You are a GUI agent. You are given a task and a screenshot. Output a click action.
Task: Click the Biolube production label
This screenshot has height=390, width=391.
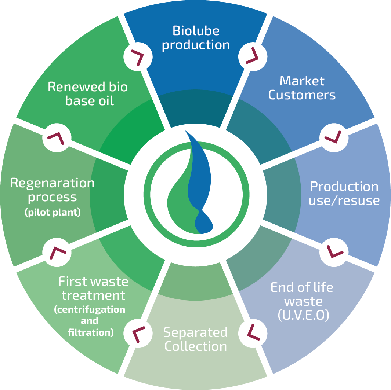pyautogui.click(x=196, y=38)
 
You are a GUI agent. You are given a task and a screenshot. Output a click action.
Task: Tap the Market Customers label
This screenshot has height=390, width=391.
pyautogui.click(x=302, y=88)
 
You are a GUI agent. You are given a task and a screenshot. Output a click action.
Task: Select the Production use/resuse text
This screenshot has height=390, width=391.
pyautogui.click(x=344, y=194)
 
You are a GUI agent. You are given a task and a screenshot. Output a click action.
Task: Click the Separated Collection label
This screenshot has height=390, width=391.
pyautogui.click(x=195, y=339)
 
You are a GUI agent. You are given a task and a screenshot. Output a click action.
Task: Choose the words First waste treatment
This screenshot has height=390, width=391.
pyautogui.click(x=93, y=288)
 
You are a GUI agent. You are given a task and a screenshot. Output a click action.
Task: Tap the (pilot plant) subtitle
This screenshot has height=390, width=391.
pyautogui.click(x=53, y=213)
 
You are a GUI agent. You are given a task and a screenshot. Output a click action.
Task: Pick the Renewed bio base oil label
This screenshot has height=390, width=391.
pyautogui.click(x=88, y=94)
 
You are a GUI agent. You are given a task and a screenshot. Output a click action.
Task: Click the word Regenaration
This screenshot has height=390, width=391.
pyautogui.click(x=52, y=183)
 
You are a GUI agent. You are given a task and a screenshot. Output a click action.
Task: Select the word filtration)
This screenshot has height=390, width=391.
pyautogui.click(x=91, y=333)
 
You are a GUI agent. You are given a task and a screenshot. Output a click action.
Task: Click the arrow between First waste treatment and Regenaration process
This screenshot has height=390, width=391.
pyautogui.click(x=57, y=252)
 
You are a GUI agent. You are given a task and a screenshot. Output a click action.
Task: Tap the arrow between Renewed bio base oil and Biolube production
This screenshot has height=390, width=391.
pyautogui.click(x=137, y=56)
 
